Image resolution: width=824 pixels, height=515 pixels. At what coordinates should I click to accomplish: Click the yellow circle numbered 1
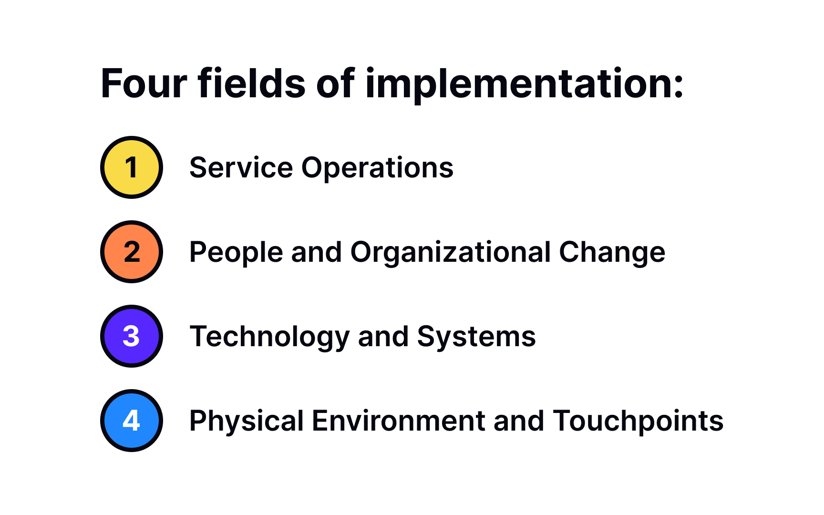tap(132, 167)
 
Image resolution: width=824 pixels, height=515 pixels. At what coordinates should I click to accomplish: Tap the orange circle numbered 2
tap(132, 252)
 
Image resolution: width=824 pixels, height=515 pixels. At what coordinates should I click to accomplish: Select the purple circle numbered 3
tap(132, 336)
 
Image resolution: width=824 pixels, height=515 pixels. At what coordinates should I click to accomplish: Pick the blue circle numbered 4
tap(132, 421)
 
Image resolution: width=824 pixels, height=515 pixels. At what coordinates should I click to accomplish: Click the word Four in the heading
tap(144, 84)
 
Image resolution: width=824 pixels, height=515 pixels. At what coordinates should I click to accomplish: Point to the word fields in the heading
tap(252, 84)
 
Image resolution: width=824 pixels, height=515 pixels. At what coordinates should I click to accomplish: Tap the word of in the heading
tap(335, 84)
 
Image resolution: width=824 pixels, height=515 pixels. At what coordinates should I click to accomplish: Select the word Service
tap(241, 168)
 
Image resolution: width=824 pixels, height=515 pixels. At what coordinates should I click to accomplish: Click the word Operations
tap(377, 168)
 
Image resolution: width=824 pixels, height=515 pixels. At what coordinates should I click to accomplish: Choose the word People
tap(236, 252)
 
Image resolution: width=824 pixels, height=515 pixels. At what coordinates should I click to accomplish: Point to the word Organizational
tap(451, 252)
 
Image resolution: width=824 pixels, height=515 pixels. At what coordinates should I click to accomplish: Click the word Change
tap(612, 252)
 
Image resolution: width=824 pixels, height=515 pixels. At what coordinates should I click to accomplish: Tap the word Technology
tap(269, 337)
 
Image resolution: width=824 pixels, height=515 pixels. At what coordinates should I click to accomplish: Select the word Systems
tap(476, 337)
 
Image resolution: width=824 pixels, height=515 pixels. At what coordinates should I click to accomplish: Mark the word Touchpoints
tap(638, 421)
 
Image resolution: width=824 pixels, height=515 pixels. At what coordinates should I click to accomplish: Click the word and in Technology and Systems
tap(383, 337)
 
